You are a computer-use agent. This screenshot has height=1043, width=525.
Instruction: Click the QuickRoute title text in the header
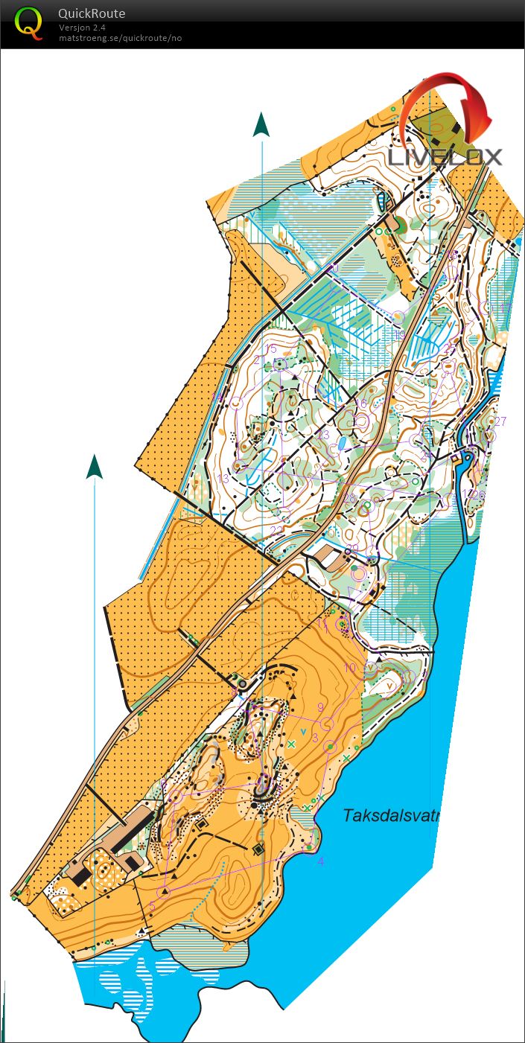pyautogui.click(x=92, y=13)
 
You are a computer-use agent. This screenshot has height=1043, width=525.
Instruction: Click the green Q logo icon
pyautogui.click(x=29, y=22)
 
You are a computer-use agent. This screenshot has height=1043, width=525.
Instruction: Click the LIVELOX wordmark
pyautogui.click(x=445, y=156)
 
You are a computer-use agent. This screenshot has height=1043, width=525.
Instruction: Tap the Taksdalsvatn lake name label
pyautogui.click(x=392, y=815)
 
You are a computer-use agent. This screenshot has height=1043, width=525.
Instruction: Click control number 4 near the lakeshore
pyautogui.click(x=321, y=861)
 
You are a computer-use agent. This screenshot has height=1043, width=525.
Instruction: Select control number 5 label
pyautogui.click(x=153, y=906)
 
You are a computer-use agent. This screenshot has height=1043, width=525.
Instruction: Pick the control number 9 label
pyautogui.click(x=320, y=707)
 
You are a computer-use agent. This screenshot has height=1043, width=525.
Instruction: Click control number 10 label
pyautogui.click(x=350, y=668)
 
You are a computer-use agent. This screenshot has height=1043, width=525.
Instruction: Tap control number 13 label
pyautogui.click(x=223, y=478)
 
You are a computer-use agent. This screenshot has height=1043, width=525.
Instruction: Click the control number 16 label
pyautogui.click(x=361, y=403)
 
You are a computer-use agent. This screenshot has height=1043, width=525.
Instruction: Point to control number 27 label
pyautogui.click(x=500, y=421)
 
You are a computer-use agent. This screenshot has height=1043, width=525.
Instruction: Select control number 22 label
pyautogui.click(x=276, y=530)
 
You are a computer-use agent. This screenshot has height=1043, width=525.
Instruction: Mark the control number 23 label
pyautogui.click(x=323, y=435)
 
